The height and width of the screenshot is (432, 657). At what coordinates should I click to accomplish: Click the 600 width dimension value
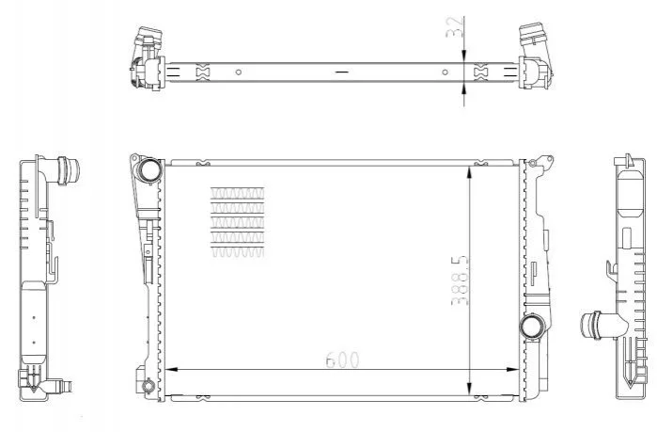342,360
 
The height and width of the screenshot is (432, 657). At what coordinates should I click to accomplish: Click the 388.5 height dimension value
460,280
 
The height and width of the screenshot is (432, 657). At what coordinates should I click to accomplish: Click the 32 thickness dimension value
456,27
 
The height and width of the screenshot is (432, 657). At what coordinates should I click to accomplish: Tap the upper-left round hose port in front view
150,169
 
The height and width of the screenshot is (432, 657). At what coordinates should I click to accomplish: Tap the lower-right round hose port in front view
531,326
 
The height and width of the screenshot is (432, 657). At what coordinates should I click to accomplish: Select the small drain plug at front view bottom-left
149,386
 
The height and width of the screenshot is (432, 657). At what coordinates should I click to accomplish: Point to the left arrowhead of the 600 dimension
173,370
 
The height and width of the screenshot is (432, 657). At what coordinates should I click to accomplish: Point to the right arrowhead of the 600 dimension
512,370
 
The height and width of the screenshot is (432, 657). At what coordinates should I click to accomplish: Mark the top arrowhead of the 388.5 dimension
470,173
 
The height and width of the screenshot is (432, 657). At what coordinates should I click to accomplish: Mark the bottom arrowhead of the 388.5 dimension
470,389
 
